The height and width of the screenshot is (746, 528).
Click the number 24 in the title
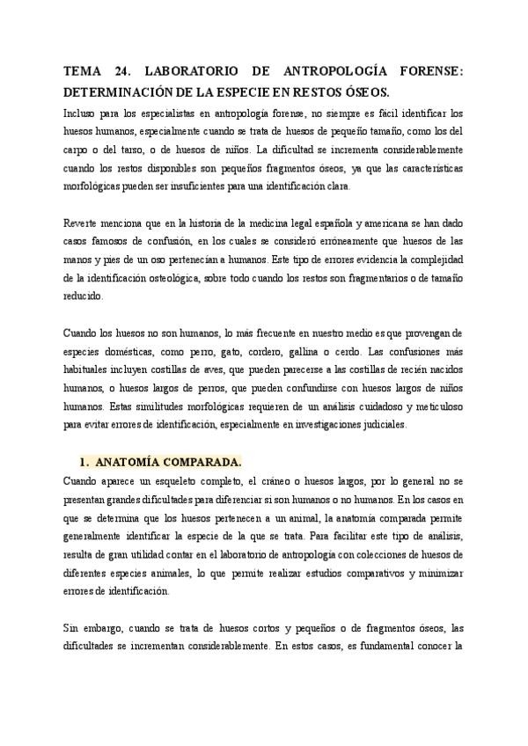pyautogui.click(x=123, y=72)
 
